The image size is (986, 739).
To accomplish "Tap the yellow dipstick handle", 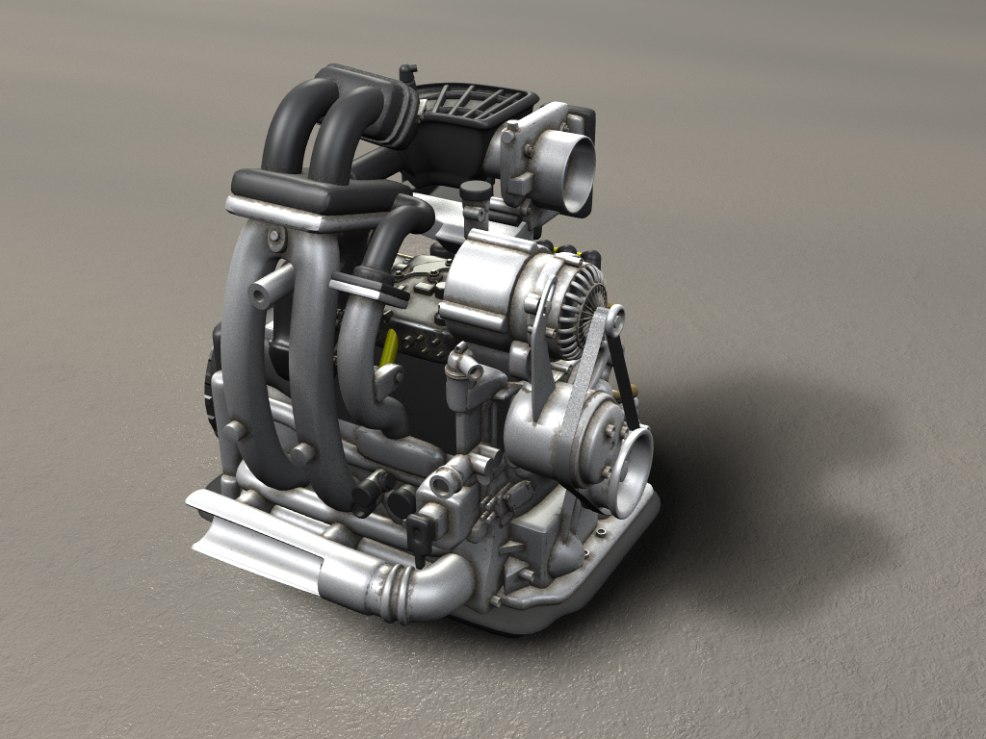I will click(x=390, y=347).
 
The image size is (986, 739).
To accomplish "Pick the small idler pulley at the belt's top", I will click(x=612, y=318).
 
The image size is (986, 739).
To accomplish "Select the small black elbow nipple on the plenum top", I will click(x=407, y=72).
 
